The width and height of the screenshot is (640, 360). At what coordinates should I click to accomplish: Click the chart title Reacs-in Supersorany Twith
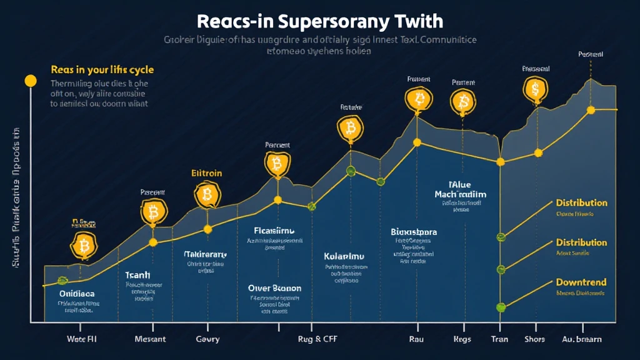pos(319,21)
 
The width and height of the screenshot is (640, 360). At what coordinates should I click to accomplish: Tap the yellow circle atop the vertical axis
pos(29,81)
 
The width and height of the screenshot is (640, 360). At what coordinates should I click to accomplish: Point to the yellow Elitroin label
pos(206,173)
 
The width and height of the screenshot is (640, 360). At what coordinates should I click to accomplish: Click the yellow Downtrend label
pos(581,282)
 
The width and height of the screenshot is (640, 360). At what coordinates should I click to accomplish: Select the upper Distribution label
pos(581,203)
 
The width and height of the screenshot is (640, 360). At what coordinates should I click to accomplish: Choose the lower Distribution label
pos(581,242)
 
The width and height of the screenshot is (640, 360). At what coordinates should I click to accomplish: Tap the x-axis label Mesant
pos(150,339)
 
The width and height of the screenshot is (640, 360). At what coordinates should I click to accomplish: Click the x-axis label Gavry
pos(207,339)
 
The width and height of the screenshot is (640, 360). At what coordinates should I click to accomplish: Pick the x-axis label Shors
pos(535,339)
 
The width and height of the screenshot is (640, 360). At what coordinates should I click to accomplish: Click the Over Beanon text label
pos(274,288)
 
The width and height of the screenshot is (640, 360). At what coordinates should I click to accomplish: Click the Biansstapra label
pos(413,232)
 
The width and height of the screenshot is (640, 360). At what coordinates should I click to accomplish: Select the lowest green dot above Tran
pos(500,307)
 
